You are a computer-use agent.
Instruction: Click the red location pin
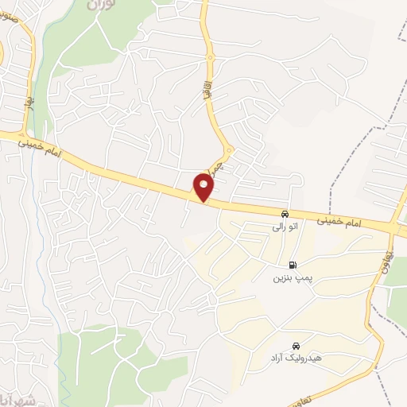click(204, 187)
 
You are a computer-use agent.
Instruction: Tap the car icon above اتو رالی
click(284, 214)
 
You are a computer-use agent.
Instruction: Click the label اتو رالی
click(283, 227)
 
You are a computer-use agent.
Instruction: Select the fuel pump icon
click(293, 266)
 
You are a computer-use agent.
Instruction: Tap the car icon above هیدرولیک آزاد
click(296, 347)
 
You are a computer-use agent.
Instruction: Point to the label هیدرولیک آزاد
click(294, 360)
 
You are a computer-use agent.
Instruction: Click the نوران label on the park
click(99, 4)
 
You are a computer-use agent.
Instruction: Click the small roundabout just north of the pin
click(228, 150)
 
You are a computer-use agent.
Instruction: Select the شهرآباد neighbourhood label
click(14, 397)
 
